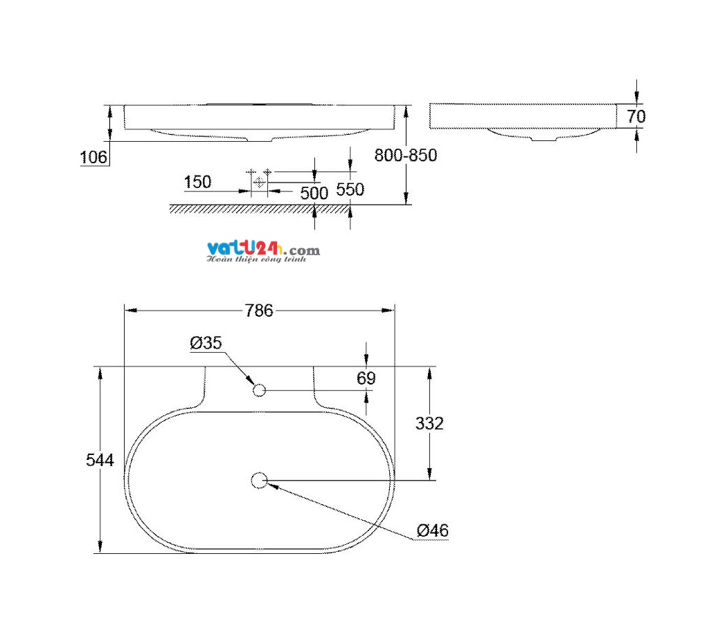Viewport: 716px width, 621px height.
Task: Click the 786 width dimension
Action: click(259, 310)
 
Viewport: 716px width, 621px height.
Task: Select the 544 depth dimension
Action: click(100, 460)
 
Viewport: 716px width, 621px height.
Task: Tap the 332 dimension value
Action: click(429, 424)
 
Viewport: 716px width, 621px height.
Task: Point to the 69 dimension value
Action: click(366, 378)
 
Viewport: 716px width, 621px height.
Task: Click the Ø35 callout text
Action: click(206, 343)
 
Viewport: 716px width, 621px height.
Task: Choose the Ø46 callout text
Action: click(432, 530)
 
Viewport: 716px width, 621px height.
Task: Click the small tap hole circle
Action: click(260, 390)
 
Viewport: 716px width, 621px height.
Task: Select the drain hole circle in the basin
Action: click(260, 480)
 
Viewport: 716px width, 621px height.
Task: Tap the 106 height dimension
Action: click(93, 157)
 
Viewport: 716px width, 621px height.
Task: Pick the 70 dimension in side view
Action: click(636, 116)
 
